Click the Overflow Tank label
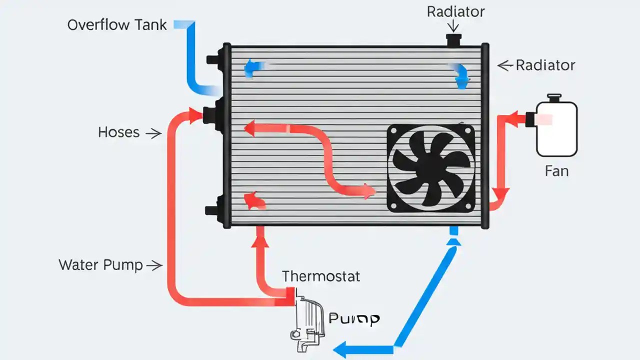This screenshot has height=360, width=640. (x=117, y=25)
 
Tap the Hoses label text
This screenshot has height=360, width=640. (x=119, y=132)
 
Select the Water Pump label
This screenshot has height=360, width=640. (x=101, y=265)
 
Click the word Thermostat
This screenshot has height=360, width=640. (x=321, y=276)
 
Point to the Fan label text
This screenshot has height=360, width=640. (x=556, y=171)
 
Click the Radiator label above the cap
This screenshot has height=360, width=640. (x=455, y=12)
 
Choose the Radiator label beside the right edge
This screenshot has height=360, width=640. (x=545, y=65)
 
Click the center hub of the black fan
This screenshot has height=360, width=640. (x=430, y=167)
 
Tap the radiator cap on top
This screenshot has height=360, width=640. (x=454, y=40)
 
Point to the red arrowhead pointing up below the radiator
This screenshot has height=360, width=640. (x=260, y=241)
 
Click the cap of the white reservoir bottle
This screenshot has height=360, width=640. (x=554, y=97)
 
